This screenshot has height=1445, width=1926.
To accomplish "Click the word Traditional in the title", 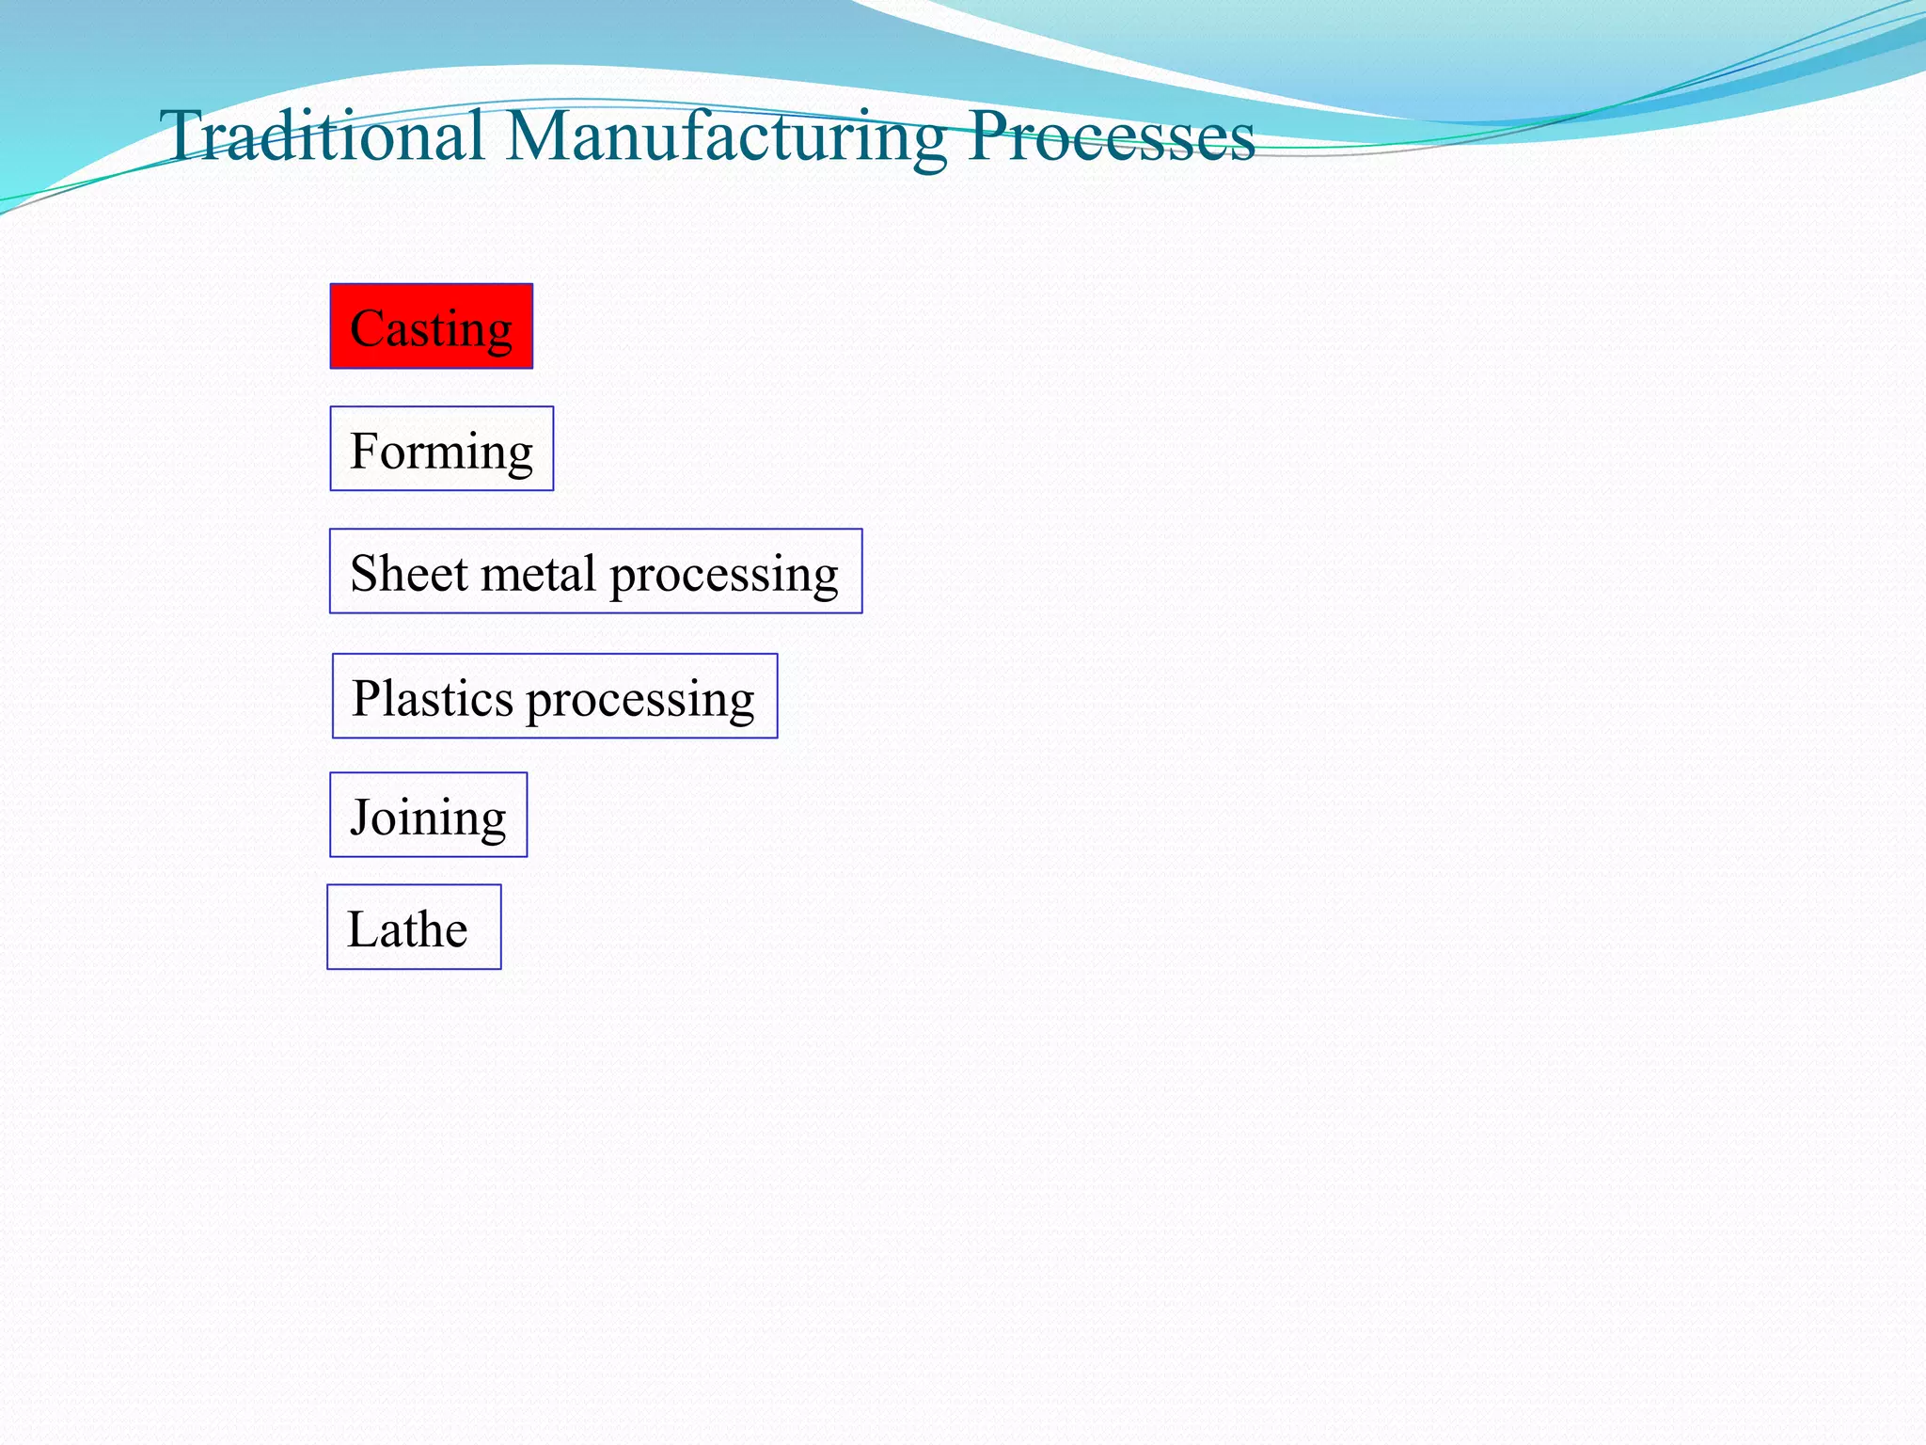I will click(x=322, y=135).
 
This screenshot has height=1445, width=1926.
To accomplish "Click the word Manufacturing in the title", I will click(x=726, y=137).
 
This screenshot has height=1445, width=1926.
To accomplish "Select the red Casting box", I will click(x=431, y=326).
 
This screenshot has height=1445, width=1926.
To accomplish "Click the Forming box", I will click(x=441, y=449).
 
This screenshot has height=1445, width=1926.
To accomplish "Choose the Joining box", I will click(x=428, y=815).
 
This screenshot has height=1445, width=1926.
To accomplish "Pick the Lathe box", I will click(x=414, y=928).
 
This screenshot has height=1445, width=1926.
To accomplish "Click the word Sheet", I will click(x=409, y=573).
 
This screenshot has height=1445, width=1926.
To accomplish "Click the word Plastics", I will click(x=433, y=698).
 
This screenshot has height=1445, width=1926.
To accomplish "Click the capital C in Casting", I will click(x=366, y=328).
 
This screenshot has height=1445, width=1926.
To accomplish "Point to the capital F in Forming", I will click(x=364, y=450).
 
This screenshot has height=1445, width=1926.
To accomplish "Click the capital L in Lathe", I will click(x=362, y=929).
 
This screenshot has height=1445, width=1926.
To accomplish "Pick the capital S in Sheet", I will click(x=364, y=573).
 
